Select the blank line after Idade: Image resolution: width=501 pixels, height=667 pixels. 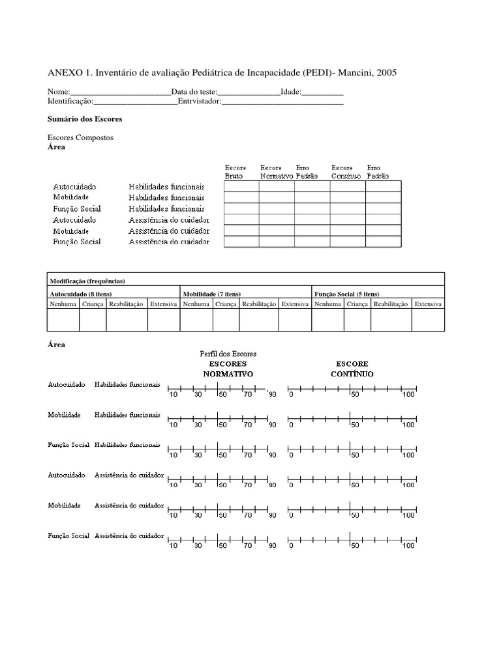[x=322, y=92]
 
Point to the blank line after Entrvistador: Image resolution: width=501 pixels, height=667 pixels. [x=282, y=102]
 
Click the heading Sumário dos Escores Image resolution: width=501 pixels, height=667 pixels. [x=85, y=119]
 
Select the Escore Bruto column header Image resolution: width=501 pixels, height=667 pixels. [x=236, y=172]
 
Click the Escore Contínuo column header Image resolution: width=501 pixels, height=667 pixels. [x=343, y=172]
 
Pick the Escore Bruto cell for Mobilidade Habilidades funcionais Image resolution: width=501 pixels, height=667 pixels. [x=241, y=198]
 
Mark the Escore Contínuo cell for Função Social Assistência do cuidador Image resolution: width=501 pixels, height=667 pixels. [x=347, y=242]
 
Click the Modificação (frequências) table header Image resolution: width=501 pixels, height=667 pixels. [x=88, y=281]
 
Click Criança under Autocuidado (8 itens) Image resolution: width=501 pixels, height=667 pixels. [x=93, y=304]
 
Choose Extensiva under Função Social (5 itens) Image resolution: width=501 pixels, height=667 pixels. [x=428, y=304]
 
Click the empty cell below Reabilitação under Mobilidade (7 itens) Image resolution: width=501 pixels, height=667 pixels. [x=259, y=320]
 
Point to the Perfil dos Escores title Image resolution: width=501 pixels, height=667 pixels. [x=228, y=353]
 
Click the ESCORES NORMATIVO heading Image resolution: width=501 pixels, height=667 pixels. [x=228, y=369]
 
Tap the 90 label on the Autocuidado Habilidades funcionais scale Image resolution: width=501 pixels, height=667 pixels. [x=272, y=395]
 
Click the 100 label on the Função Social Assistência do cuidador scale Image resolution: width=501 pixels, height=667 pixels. [x=408, y=546]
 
